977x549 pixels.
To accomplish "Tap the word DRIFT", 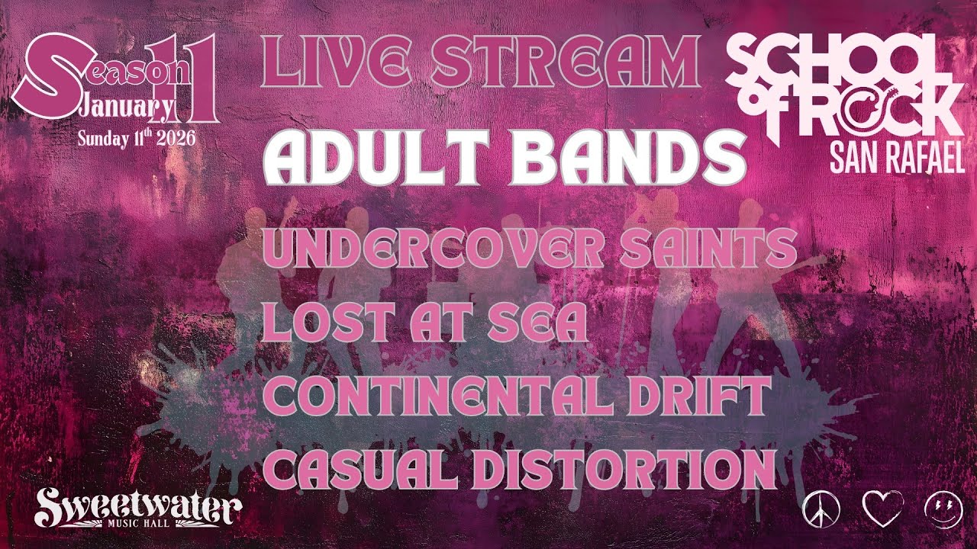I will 703,396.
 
